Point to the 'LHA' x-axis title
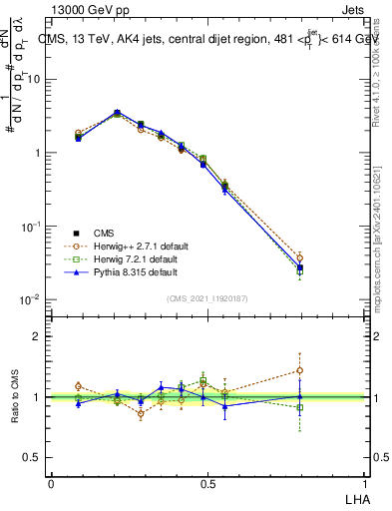click(x=353, y=498)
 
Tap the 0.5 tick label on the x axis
click(x=207, y=483)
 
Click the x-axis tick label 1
click(x=363, y=483)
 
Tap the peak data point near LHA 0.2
click(x=118, y=114)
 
